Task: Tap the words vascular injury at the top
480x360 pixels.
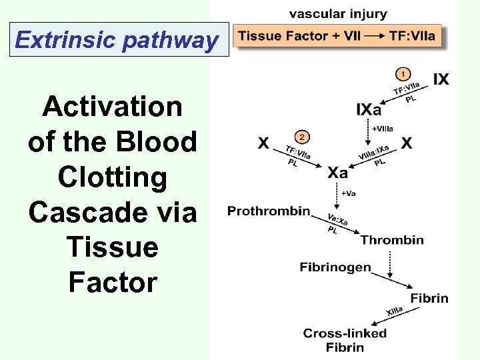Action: point(338,14)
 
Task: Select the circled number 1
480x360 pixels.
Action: point(402,73)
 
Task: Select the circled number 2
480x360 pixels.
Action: point(302,137)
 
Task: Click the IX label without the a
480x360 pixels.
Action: point(441,80)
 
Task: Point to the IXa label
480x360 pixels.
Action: point(369,109)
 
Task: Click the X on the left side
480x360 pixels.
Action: point(264,143)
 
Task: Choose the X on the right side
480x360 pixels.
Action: point(407,143)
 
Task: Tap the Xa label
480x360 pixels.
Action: point(337,173)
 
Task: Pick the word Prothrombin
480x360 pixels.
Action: point(269,211)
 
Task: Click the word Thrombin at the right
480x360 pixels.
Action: point(392,240)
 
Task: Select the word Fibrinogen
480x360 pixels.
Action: point(335,267)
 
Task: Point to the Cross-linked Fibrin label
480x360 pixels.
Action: point(345,340)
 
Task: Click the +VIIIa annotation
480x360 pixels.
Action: point(382,128)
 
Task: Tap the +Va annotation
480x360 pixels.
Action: point(349,193)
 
